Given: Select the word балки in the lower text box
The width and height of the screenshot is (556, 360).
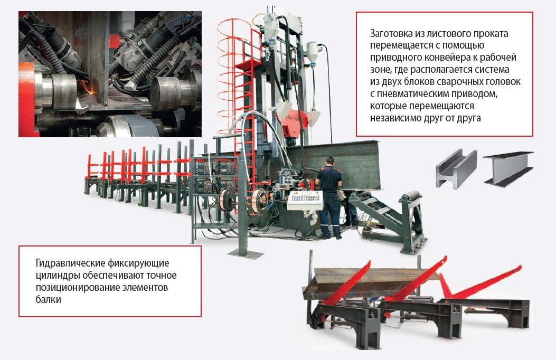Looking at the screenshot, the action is point(48,299).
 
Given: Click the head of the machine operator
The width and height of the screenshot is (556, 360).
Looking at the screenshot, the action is point(330,161).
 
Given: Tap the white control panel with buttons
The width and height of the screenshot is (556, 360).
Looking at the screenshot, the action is point(305,201).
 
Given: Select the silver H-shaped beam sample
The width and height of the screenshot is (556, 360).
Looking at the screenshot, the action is point(456,168).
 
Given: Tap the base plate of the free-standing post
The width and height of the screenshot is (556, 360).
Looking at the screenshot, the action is point(246,254).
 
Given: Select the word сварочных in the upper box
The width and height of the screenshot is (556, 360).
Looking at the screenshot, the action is point(458,81).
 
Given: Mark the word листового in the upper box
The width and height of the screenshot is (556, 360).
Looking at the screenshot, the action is point(440,34).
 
